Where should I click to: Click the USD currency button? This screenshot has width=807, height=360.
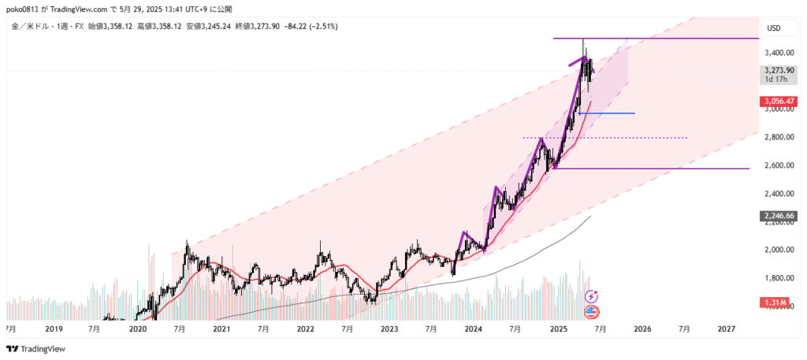point(774,28)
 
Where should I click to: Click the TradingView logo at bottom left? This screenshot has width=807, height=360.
point(37,349)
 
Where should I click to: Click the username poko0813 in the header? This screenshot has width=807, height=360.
point(26,9)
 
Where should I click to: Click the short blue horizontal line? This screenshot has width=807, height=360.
point(607,113)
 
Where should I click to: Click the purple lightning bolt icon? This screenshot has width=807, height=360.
point(593,295)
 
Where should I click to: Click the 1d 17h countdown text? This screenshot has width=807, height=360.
point(775,79)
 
